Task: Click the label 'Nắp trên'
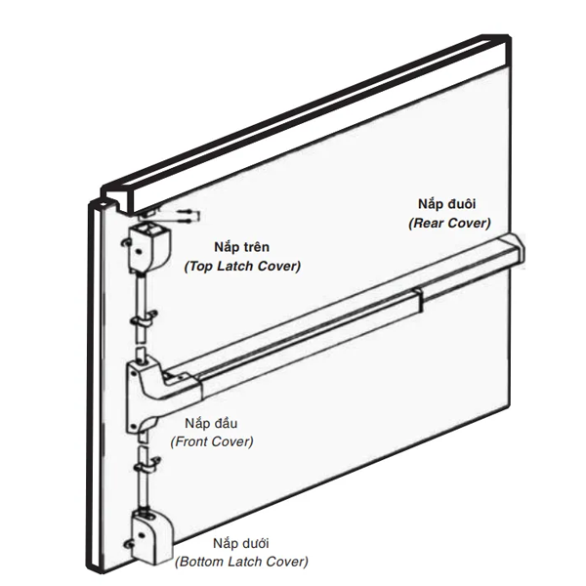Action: (241, 248)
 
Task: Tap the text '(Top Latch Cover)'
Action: (242, 266)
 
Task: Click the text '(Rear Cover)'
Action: (449, 223)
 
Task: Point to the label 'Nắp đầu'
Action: (211, 424)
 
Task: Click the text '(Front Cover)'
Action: (212, 441)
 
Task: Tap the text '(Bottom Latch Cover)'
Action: (241, 562)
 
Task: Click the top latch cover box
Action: (147, 244)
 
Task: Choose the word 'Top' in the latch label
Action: (201, 266)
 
